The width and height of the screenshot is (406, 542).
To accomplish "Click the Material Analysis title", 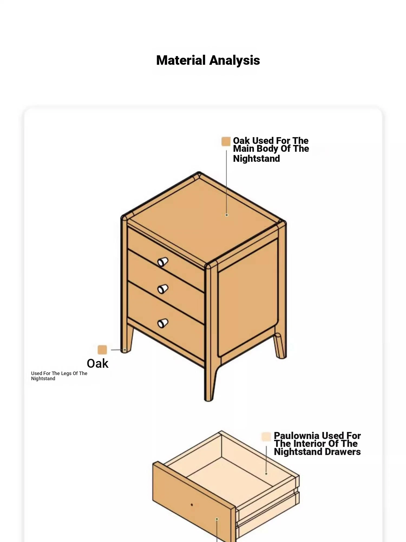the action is tap(208, 60).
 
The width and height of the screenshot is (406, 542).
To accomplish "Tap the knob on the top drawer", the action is tap(163, 262).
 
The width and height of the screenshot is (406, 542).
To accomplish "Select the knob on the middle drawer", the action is tap(163, 289).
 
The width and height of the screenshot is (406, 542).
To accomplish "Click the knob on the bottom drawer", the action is tap(163, 323).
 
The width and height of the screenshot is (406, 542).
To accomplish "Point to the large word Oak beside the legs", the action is tap(97, 364).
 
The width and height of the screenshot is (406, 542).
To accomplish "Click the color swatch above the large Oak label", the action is tap(102, 350).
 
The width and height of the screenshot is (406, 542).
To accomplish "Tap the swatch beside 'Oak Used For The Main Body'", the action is tap(226, 141).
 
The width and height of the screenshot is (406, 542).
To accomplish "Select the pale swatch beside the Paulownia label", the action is tap(266, 437).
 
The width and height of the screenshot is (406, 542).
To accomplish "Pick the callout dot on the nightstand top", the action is tap(227, 215).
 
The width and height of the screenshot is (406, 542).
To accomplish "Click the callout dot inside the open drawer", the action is tap(266, 474).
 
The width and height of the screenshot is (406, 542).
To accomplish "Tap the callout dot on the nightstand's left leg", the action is tap(125, 350).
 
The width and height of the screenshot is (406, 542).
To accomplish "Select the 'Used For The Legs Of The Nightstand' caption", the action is tap(59, 376).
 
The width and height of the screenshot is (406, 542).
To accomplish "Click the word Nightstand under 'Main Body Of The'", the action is tap(256, 159).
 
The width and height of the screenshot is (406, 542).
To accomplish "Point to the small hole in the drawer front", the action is tap(192, 505).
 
